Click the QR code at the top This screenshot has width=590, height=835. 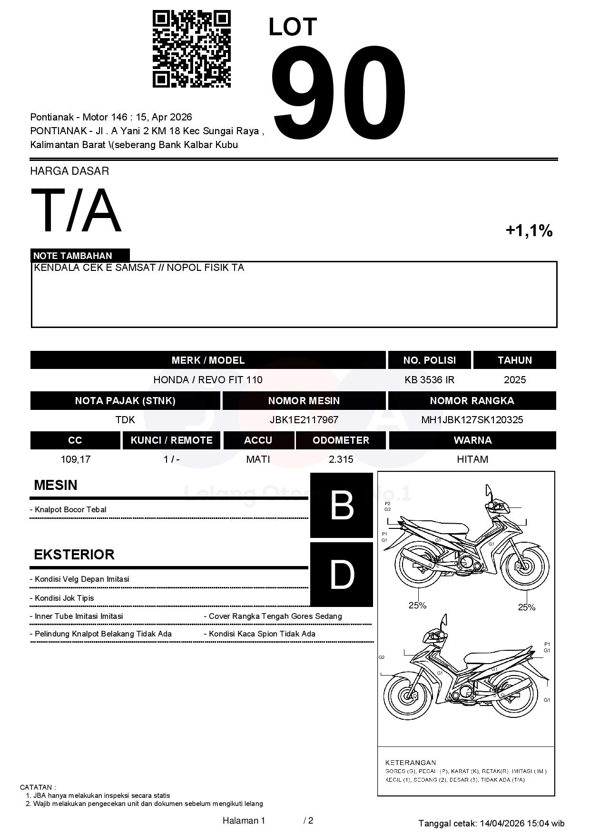191,49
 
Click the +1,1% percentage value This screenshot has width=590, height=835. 529,231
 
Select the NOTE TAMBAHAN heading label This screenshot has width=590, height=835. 73,256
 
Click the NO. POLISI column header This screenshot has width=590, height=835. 429,360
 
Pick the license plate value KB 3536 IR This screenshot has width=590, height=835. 429,379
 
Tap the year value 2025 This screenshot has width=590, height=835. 515,379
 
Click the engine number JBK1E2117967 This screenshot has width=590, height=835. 304,419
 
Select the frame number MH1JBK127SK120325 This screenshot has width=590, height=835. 472,419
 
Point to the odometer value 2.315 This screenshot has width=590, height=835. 341,459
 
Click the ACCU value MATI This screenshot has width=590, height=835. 258,459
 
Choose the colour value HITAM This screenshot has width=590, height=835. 472,459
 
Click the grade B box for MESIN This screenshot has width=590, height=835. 342,505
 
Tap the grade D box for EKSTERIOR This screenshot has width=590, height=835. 342,575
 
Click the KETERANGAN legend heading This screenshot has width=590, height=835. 410,762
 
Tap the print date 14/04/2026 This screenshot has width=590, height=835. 501,823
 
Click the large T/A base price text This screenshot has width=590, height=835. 76,210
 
